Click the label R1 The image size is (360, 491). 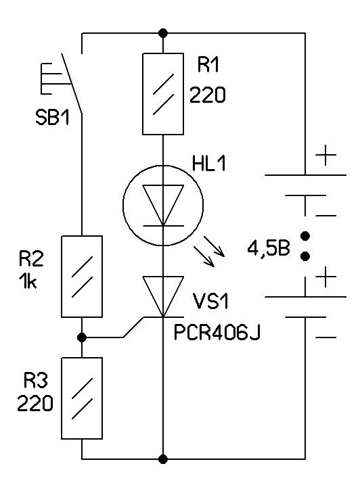(208, 65)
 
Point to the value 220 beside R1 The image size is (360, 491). (208, 95)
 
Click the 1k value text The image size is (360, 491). (28, 281)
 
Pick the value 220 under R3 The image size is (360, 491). (35, 403)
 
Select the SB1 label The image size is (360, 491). (52, 118)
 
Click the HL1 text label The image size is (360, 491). (209, 164)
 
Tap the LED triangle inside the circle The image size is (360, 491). (163, 205)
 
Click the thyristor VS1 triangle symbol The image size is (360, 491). (163, 296)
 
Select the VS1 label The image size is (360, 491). (211, 301)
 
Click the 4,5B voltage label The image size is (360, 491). (269, 249)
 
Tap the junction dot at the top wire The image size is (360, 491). (163, 32)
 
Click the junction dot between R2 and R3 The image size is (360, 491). (82, 337)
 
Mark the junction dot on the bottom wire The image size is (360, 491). (163, 459)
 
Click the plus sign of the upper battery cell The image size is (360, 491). (326, 155)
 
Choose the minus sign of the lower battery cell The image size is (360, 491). (326, 337)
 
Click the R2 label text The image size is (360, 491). (31, 258)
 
